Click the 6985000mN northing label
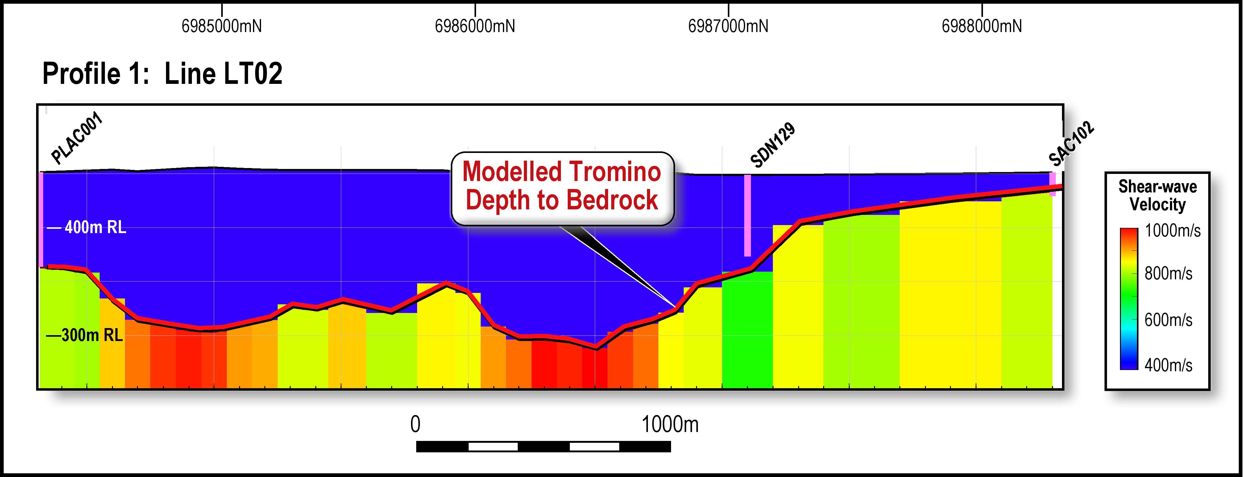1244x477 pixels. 222,26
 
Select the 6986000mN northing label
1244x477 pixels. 475,26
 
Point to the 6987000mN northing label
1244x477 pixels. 728,26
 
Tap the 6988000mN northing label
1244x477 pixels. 981,26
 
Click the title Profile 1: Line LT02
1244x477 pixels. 162,74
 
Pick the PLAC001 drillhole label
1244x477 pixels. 77,138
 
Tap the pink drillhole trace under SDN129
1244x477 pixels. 747,215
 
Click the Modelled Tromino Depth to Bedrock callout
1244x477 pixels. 562,186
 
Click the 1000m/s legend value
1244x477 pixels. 1172,231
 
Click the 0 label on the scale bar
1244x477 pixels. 415,424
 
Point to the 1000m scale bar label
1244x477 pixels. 670,424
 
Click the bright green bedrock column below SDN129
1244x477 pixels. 747,333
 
